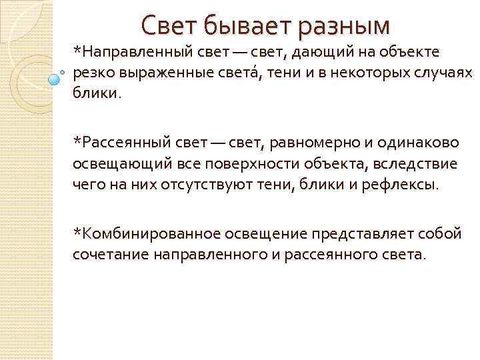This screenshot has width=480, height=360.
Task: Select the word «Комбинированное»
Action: pos(147,234)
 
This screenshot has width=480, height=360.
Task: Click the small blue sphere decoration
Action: pos(54,79)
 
